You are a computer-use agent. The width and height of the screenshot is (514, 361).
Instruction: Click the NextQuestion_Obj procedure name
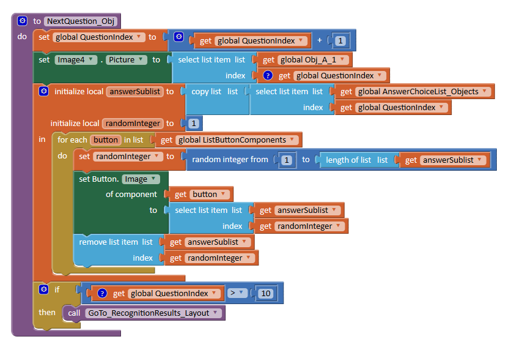[81, 21]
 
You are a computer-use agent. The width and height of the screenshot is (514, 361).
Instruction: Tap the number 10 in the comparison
[265, 293]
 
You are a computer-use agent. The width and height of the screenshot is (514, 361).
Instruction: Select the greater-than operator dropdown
[236, 293]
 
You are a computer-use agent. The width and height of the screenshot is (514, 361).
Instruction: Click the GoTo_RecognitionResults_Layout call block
[148, 313]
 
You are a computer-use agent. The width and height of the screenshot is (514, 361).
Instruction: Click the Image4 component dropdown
[76, 59]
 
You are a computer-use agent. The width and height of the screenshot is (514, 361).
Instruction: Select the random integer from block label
[230, 160]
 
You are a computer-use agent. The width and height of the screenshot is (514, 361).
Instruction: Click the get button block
[201, 194]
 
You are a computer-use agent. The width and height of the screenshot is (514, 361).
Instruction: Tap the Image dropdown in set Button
[141, 179]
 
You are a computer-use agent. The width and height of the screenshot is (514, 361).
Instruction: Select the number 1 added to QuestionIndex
[340, 41]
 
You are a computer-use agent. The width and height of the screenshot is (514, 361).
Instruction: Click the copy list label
[206, 91]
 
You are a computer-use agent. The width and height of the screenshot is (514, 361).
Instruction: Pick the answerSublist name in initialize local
[134, 91]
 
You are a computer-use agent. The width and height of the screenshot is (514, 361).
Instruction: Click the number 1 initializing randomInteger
[193, 123]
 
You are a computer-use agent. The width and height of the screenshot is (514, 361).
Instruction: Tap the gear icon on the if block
[43, 289]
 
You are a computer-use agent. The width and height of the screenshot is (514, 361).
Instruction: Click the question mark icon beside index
[267, 76]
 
